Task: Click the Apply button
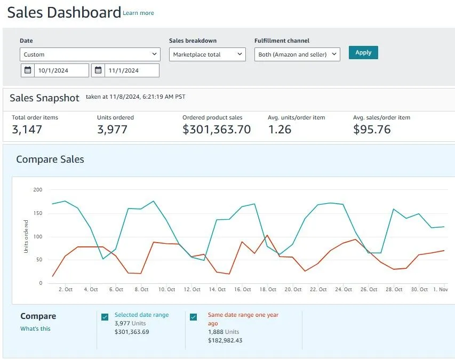[x=363, y=52]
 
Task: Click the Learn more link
[x=138, y=13]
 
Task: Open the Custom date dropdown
[x=90, y=54]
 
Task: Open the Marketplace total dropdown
[x=207, y=54]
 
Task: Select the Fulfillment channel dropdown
[x=297, y=54]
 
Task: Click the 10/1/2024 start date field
[x=61, y=70]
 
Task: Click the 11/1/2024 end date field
[x=131, y=70]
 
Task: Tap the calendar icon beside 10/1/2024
[x=28, y=70]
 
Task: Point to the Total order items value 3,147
[x=27, y=129]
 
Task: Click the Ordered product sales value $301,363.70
[x=217, y=129]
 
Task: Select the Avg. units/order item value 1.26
[x=280, y=129]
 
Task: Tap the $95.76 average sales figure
[x=372, y=129]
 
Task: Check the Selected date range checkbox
[x=105, y=317]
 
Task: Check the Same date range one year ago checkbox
[x=194, y=317]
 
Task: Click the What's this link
[x=35, y=329]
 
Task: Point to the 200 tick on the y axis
[x=37, y=189]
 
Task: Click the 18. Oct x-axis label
[x=268, y=290]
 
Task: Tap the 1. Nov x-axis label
[x=440, y=290]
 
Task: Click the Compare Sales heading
[x=50, y=159]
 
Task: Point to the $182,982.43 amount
[x=225, y=340]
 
